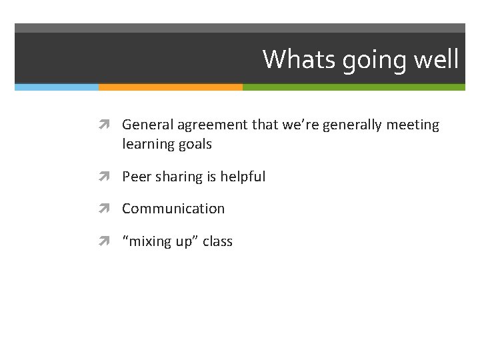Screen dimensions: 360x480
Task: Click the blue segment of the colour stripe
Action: (x=57, y=87)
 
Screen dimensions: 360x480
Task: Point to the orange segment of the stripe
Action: (x=171, y=87)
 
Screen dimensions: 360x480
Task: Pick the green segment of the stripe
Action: (x=353, y=87)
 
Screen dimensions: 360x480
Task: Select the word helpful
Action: (x=243, y=177)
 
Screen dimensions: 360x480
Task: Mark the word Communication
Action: (x=173, y=209)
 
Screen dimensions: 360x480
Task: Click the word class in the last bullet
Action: (x=217, y=241)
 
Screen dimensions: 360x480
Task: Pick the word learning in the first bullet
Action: (x=147, y=145)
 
